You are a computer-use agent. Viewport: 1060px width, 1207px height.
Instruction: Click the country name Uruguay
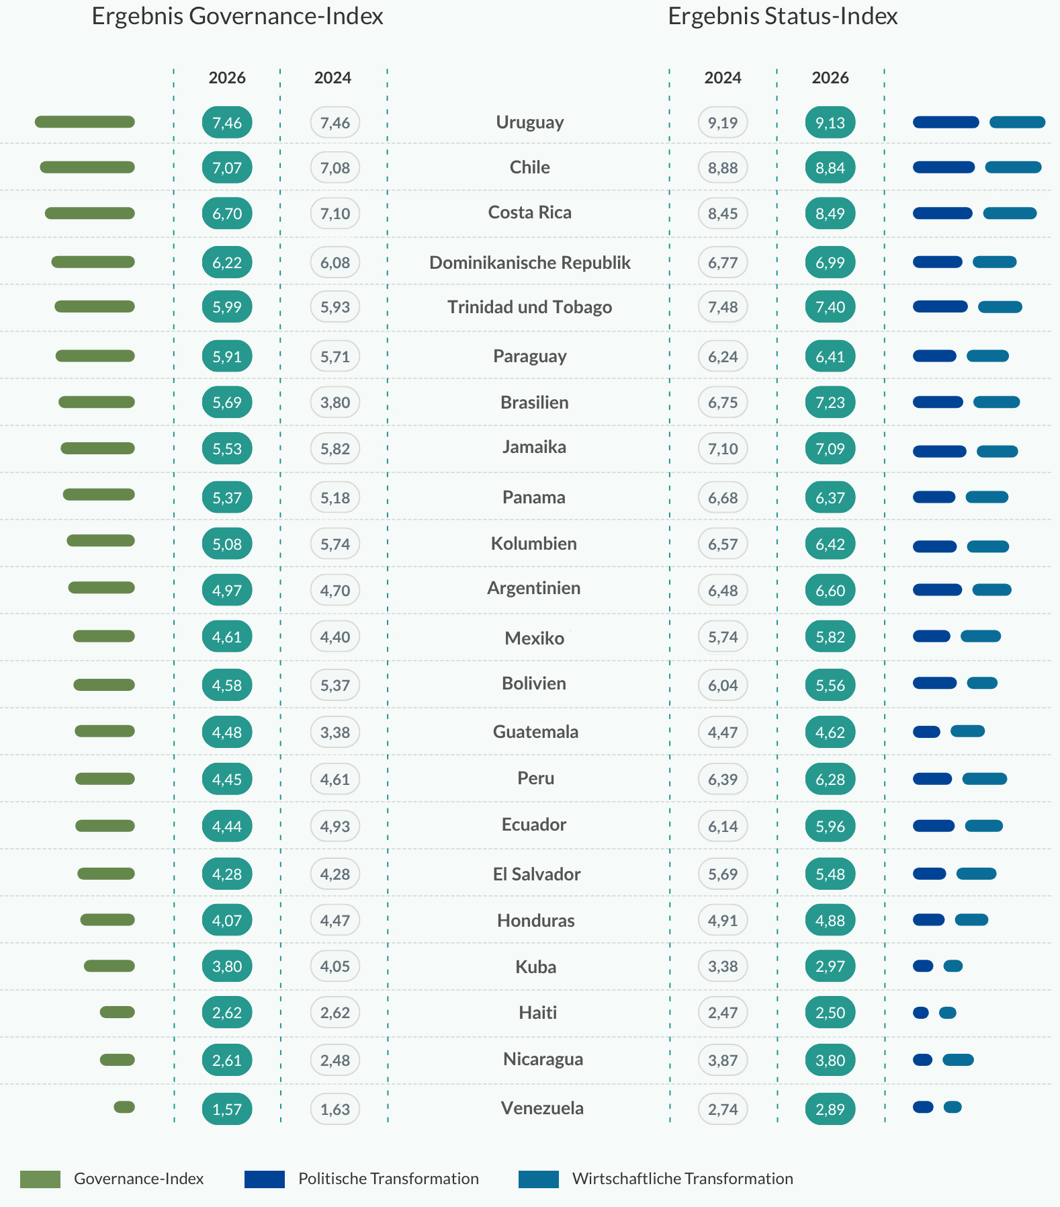[529, 122]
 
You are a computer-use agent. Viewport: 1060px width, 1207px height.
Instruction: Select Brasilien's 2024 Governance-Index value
[335, 403]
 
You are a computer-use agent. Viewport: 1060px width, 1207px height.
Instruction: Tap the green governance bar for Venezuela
[124, 1107]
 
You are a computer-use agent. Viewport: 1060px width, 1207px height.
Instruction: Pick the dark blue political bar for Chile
[943, 167]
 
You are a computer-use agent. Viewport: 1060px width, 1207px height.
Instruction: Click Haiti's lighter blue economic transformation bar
[947, 1013]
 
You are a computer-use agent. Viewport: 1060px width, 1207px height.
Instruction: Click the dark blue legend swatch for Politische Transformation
[264, 1179]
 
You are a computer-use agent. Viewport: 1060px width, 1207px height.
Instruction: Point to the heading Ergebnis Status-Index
[782, 16]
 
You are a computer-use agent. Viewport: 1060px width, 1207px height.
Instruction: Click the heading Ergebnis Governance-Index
[237, 16]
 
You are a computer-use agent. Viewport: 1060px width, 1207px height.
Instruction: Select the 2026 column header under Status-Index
[830, 78]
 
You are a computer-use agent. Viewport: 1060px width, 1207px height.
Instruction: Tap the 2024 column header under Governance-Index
[333, 78]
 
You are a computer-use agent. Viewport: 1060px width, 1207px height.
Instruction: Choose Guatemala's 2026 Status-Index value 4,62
[830, 732]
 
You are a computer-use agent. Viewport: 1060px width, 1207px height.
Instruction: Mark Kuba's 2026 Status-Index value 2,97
[830, 966]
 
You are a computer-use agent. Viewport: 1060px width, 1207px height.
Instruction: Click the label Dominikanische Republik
[529, 262]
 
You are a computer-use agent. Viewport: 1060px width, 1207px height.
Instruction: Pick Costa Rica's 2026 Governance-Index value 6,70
[227, 214]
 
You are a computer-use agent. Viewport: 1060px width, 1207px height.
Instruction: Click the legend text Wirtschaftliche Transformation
[682, 1179]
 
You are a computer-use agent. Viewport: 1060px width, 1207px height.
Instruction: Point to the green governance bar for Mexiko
[104, 636]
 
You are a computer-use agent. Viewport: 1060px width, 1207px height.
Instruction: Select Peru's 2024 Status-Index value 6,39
[722, 779]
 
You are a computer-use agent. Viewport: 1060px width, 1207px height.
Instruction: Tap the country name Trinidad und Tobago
[529, 307]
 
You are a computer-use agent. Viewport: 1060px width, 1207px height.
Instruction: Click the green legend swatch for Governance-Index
[40, 1179]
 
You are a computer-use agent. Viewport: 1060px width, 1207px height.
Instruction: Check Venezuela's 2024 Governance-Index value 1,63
[335, 1109]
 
